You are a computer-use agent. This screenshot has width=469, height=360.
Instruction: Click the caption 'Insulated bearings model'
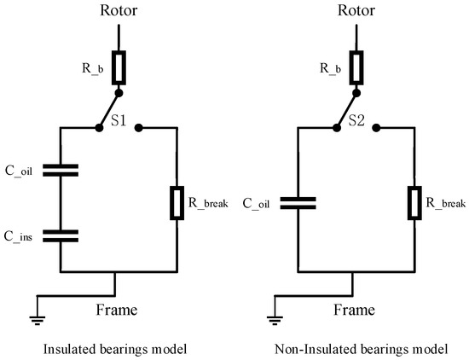(117, 349)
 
